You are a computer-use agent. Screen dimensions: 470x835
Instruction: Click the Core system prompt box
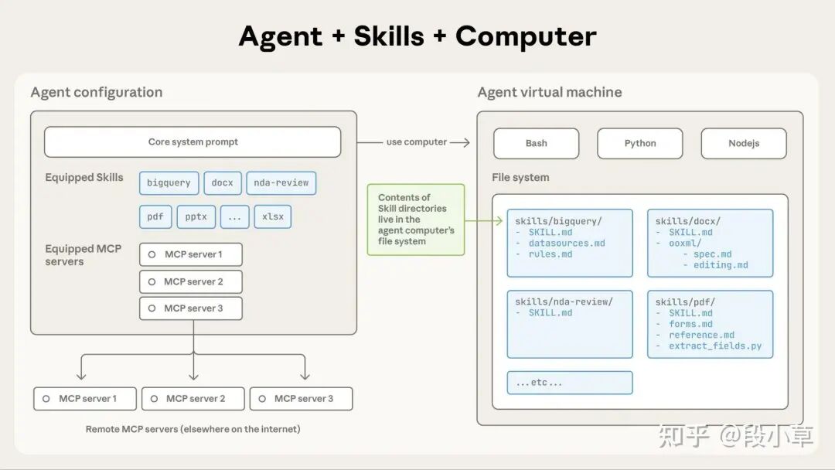pos(193,142)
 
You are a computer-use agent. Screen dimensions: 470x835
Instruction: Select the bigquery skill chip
pos(169,183)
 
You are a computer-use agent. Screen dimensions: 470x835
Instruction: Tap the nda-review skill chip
pos(281,183)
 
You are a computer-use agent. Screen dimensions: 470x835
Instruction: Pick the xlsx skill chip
pos(273,216)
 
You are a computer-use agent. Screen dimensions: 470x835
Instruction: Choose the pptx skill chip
pos(196,216)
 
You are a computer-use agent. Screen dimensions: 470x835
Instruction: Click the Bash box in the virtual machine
pos(536,143)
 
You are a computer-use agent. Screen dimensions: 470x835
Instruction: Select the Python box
pos(639,143)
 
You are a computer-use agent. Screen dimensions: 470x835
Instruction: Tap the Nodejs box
pos(743,143)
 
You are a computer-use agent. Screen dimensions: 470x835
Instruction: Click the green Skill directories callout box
pos(416,220)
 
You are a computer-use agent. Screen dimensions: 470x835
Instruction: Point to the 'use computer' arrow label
pos(417,142)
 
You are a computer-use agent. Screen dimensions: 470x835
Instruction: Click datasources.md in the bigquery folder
pos(567,244)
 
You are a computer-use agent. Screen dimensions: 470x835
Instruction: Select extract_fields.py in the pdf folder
pos(715,346)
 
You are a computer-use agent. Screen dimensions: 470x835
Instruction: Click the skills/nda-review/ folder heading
pos(564,301)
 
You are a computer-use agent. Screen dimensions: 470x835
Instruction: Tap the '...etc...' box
pos(569,383)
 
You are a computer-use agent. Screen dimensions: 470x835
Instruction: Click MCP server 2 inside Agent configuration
pos(191,281)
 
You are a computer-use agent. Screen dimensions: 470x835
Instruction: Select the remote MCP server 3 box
pos(301,399)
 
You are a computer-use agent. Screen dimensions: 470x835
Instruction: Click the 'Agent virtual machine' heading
pos(549,93)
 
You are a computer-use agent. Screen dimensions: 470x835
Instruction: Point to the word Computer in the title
pos(526,36)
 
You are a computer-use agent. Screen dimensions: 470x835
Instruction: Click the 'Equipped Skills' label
pos(84,178)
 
